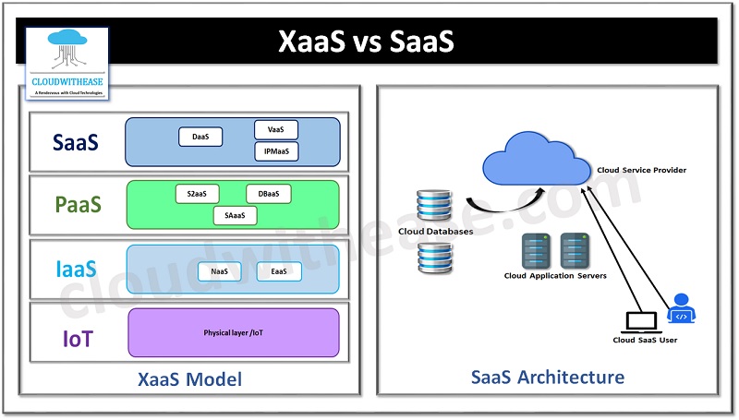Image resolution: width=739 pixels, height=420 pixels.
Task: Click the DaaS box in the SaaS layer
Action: (200, 138)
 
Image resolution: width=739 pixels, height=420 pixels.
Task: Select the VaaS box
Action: (275, 130)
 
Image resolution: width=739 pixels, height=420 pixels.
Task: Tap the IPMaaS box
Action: (275, 151)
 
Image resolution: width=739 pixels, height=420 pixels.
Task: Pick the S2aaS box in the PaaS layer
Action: (197, 195)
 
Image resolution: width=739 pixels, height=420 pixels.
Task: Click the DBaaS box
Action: (269, 195)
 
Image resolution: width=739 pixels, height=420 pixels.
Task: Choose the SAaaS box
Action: (234, 216)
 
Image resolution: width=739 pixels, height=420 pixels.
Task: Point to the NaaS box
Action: (220, 271)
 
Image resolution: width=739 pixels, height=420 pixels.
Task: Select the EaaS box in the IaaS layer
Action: (279, 271)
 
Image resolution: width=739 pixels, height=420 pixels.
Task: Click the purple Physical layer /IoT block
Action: (233, 332)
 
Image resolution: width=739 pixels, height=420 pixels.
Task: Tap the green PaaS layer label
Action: (78, 206)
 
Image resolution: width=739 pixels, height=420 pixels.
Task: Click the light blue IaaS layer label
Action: (78, 270)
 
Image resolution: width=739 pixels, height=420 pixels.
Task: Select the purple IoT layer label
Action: (78, 338)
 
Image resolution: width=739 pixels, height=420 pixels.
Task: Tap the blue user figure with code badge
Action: (681, 309)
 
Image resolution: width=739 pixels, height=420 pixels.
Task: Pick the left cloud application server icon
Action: (535, 250)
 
